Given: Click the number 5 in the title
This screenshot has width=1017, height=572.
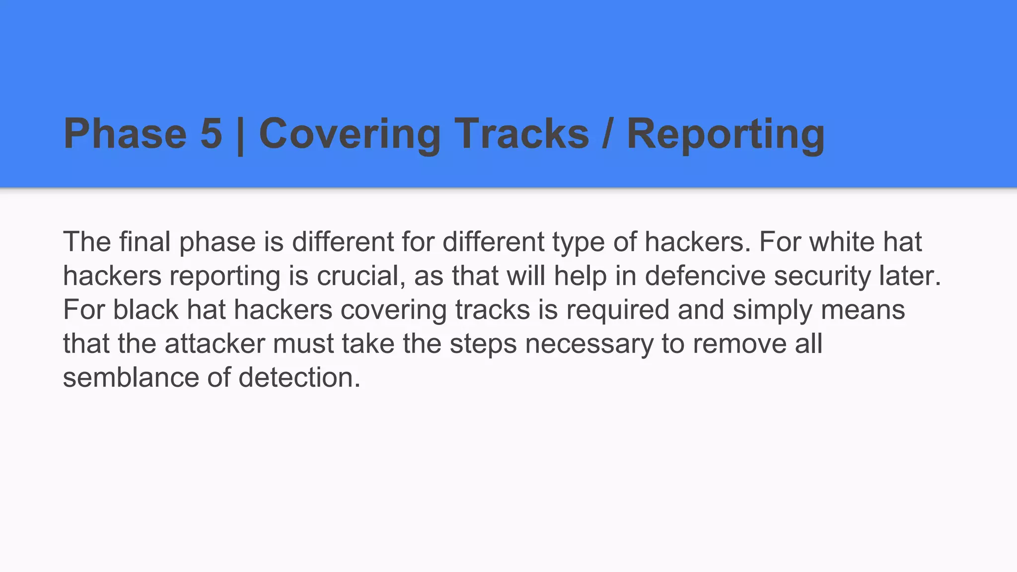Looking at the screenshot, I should pos(211,134).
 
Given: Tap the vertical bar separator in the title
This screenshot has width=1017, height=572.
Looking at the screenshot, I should pos(240,135).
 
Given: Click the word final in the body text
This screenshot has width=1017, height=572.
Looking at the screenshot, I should pos(145,242).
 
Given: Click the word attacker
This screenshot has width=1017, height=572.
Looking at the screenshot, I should pos(215,344).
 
